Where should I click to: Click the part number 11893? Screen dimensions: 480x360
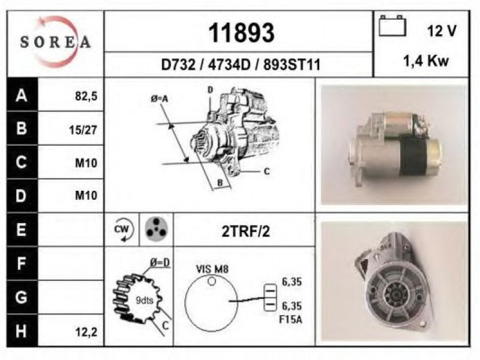coord(241,33)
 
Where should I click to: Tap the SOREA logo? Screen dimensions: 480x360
coord(55,41)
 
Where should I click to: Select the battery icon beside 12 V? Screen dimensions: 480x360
coord(392,26)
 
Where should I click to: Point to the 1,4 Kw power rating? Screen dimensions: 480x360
coord(425,61)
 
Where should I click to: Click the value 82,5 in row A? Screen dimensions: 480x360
coord(86,96)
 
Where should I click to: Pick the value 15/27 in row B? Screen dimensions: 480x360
coord(83,130)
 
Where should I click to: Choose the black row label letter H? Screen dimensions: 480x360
coord(21,331)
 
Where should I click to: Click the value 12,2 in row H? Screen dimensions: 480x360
coord(86,332)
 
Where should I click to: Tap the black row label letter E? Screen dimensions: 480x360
coord(21,229)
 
